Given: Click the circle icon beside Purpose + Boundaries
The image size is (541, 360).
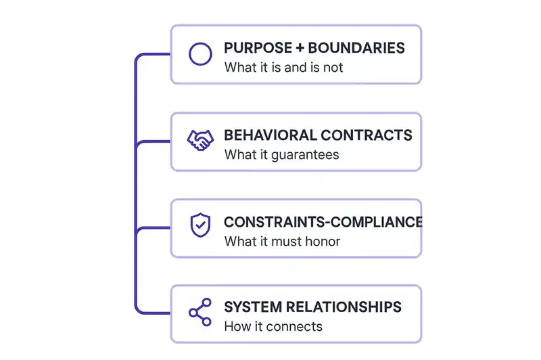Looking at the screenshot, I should click(199, 54).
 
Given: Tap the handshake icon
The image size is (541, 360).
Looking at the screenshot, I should click(199, 141).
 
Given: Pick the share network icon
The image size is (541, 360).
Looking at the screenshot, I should click(199, 313).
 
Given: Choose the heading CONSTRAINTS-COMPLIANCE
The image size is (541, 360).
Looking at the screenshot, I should click(323, 222).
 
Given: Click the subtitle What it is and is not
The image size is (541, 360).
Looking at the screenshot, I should click(283, 68).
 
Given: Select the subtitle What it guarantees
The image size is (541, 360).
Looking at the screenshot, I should click(281, 154).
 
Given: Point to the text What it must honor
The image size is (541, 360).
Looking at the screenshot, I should click(282, 241).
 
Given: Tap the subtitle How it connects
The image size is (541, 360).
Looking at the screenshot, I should click(273, 327).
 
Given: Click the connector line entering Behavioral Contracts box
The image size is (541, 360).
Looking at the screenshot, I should click(154, 141).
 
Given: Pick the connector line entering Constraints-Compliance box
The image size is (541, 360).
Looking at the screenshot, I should click(154, 228).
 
